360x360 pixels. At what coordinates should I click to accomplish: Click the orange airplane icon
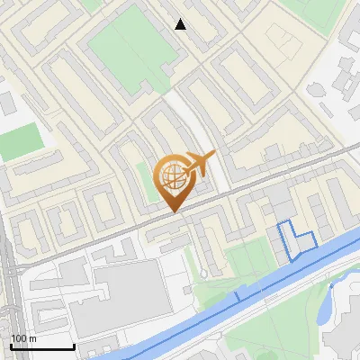click(x=199, y=165)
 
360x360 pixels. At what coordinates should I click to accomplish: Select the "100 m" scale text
click(x=23, y=337)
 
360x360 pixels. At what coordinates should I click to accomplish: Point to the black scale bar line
click(x=42, y=346)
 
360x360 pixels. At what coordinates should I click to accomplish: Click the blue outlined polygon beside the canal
click(x=295, y=238)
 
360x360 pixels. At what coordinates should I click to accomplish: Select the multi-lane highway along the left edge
click(x=7, y=297)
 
